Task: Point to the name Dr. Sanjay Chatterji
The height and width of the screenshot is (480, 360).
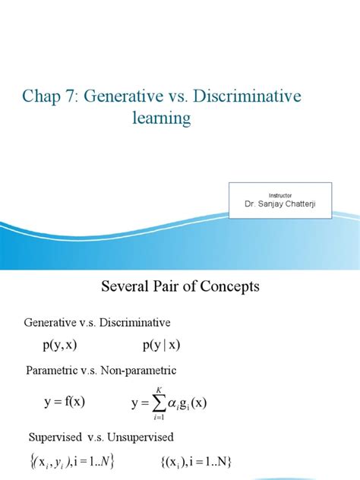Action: (282, 205)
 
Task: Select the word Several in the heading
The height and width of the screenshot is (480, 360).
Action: (126, 287)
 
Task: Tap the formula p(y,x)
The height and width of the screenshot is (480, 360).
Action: (59, 346)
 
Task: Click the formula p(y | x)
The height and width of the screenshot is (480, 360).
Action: (161, 346)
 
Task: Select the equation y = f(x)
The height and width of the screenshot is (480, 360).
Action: (64, 403)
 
